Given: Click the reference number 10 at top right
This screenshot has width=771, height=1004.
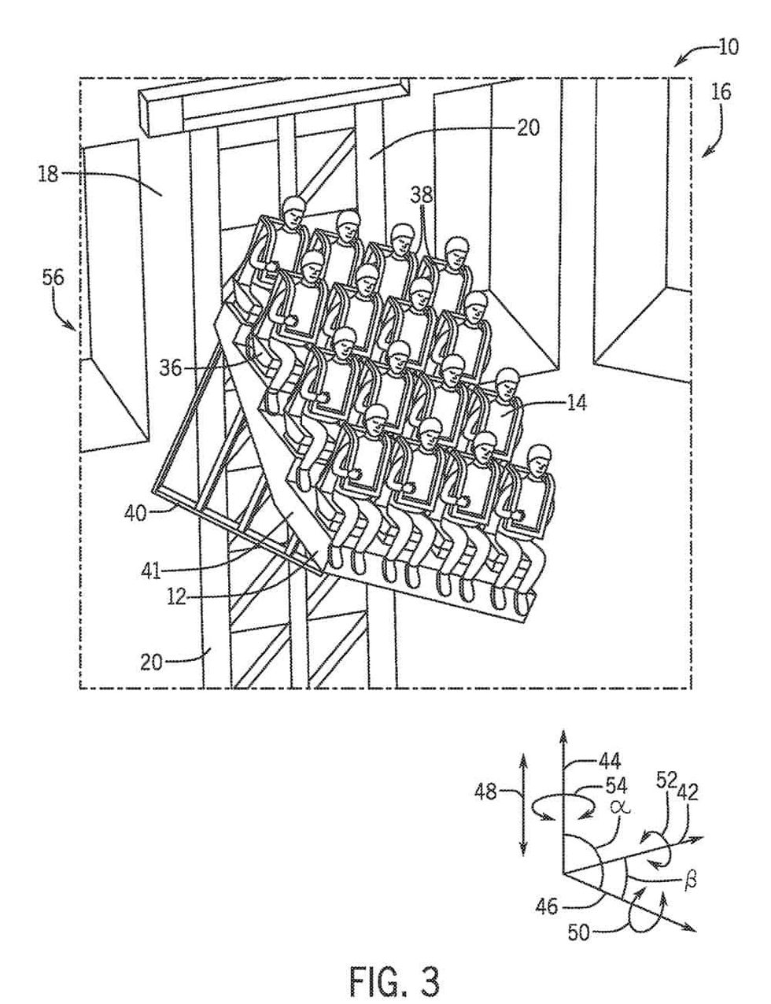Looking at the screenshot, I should (x=727, y=46).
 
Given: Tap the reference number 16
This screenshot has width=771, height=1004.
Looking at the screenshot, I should (x=721, y=92).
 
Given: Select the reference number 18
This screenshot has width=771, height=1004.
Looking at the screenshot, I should (x=49, y=174).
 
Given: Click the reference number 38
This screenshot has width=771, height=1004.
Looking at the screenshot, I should (x=422, y=194).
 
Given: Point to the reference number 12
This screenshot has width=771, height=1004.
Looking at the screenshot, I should (x=177, y=596).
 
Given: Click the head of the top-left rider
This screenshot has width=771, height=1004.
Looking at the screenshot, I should (x=293, y=209).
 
